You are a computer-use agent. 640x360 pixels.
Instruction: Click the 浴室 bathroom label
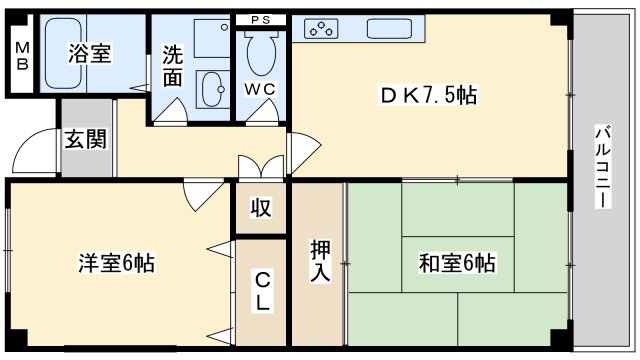pyautogui.click(x=89, y=55)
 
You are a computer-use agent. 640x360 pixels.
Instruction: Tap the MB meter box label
pyautogui.click(x=22, y=57)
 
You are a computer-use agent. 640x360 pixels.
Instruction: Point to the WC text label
pyautogui.click(x=261, y=87)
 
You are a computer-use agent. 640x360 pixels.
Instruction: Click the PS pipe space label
pyautogui.click(x=260, y=20)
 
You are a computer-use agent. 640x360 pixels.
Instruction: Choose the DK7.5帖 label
pyautogui.click(x=426, y=95)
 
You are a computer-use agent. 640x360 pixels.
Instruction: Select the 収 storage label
pyautogui.click(x=260, y=208)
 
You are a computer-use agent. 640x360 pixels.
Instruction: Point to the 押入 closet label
pyautogui.click(x=319, y=260)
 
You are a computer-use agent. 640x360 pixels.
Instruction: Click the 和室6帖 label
pyautogui.click(x=456, y=264)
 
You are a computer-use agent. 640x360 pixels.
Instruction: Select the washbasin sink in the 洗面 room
pyautogui.click(x=212, y=92)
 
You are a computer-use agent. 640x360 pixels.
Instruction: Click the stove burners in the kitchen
pyautogui.click(x=323, y=30)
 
